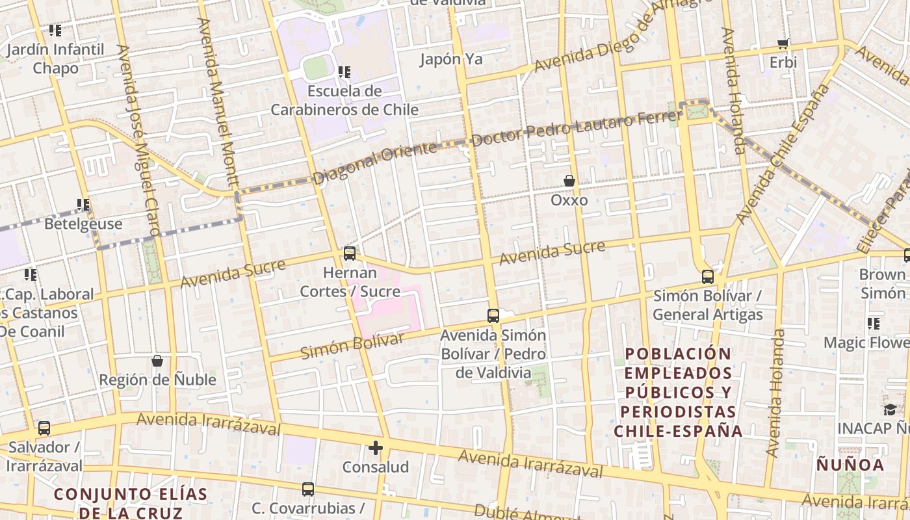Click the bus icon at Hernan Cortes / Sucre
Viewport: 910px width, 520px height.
(350, 253)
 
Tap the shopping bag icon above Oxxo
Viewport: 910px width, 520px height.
(569, 181)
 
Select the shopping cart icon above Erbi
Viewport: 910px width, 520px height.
(783, 44)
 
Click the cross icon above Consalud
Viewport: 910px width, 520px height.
(376, 448)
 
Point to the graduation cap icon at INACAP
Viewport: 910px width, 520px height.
(890, 409)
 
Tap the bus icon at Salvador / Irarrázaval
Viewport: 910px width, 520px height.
(44, 428)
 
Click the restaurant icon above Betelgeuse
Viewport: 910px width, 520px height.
(83, 205)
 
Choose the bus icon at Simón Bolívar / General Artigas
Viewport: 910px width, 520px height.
(708, 276)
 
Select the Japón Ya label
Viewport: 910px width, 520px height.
(451, 59)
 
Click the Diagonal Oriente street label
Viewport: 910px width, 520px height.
(375, 162)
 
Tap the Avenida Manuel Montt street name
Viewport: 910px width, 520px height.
(220, 101)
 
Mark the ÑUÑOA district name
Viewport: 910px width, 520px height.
(850, 465)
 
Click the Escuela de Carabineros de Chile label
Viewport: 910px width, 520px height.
(344, 100)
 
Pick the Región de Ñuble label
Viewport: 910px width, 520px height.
(157, 380)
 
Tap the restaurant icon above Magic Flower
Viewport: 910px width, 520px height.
(874, 323)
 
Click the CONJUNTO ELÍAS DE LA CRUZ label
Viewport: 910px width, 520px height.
(131, 503)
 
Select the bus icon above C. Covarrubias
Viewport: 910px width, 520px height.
(308, 489)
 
